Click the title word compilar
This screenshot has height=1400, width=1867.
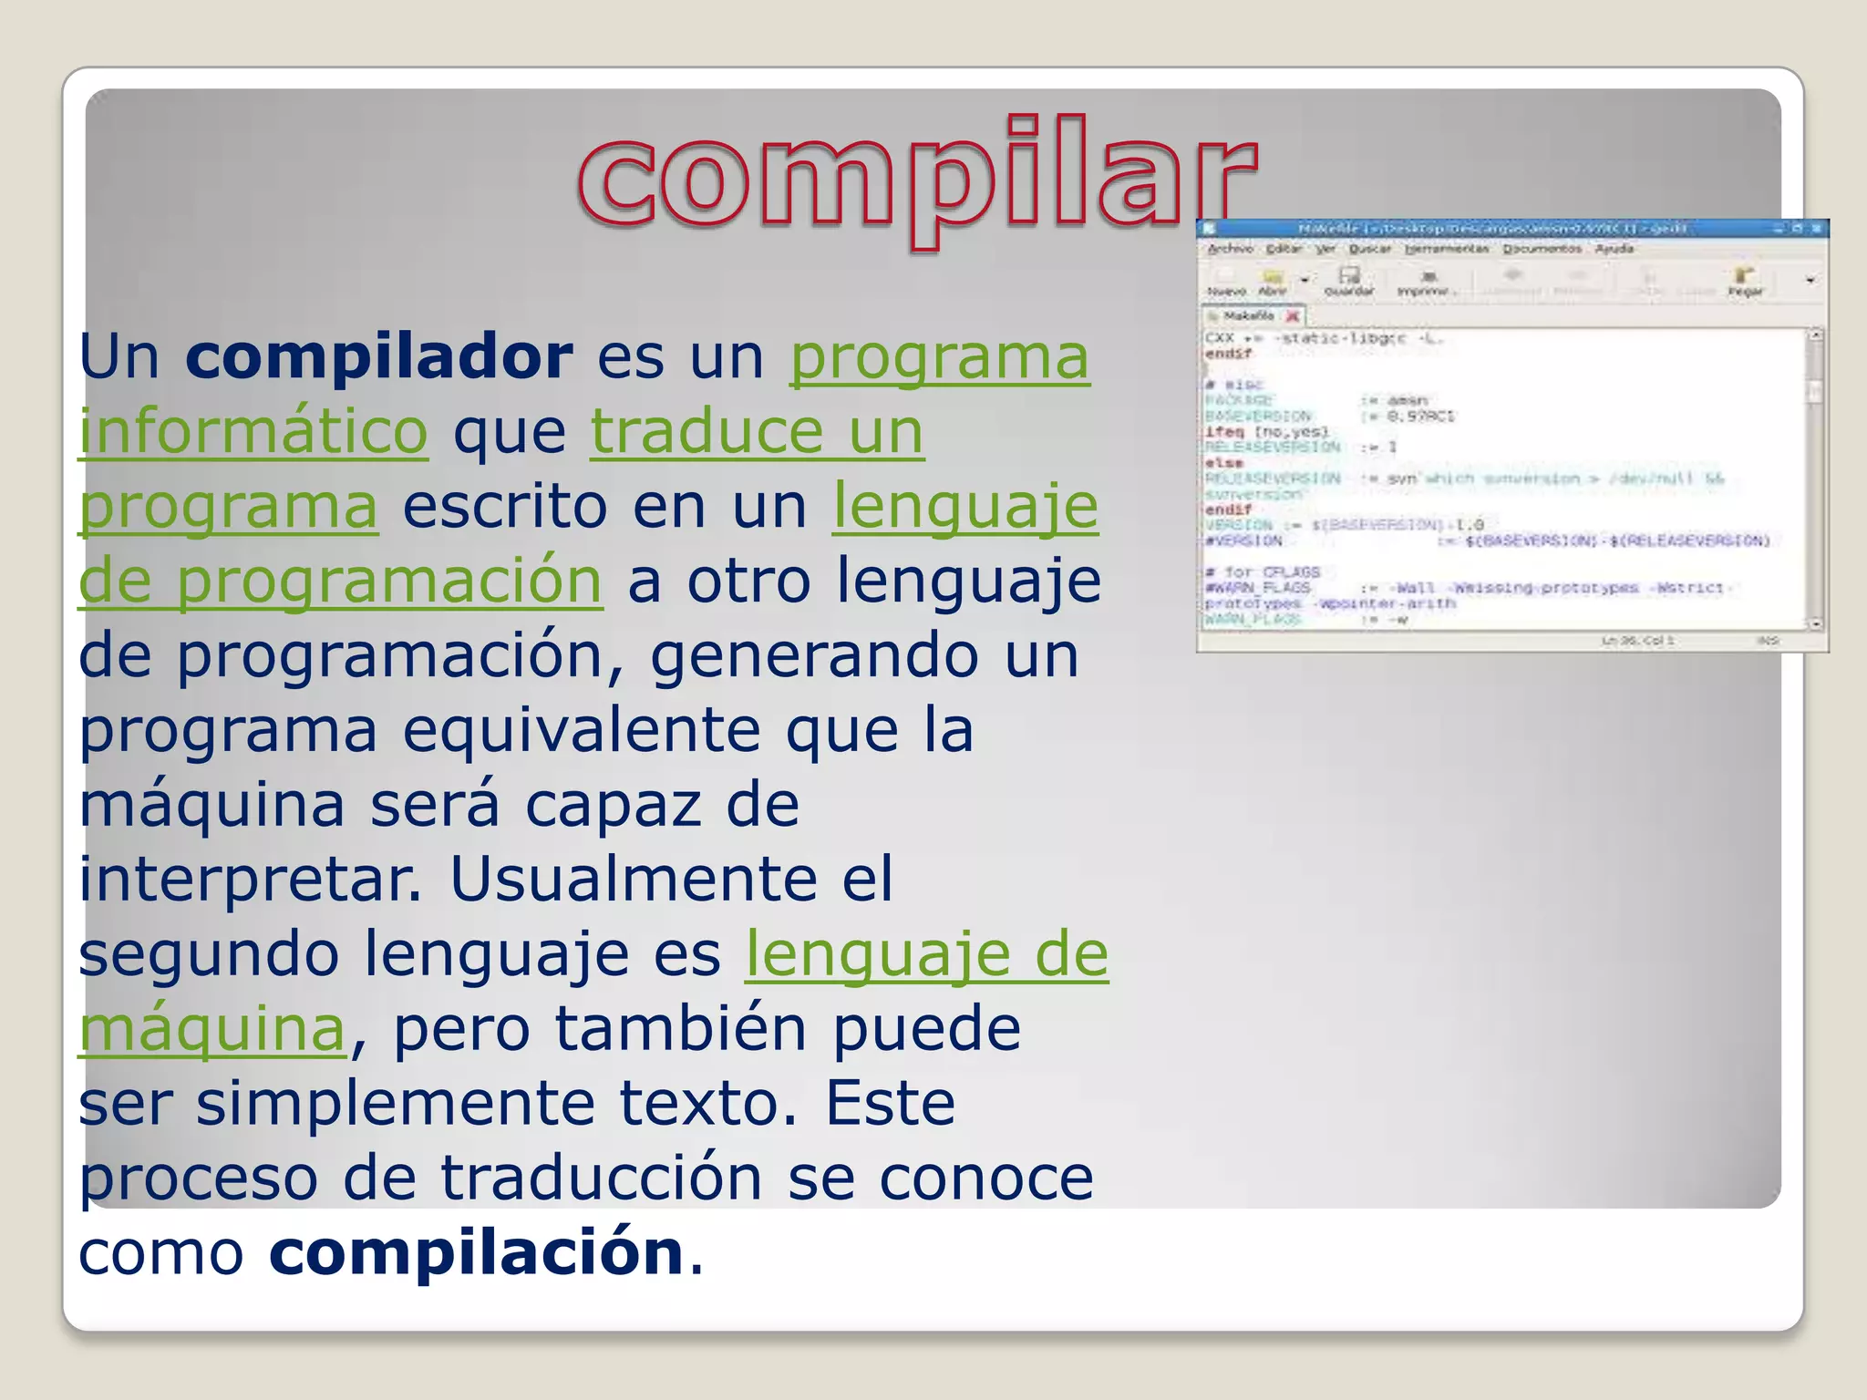(x=916, y=178)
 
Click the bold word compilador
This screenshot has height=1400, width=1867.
(x=379, y=356)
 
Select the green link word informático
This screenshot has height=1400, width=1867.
(x=253, y=431)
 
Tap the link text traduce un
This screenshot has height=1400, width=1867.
(x=757, y=431)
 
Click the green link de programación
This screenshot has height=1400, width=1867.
(x=340, y=581)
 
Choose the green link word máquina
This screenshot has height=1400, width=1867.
(x=212, y=1029)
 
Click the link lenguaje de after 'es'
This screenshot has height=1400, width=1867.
(x=926, y=954)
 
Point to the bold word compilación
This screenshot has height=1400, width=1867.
(x=477, y=1253)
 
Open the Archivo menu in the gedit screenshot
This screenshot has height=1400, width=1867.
(x=1230, y=249)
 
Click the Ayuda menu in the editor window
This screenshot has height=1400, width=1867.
(x=1614, y=249)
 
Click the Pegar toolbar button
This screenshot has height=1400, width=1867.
(x=1745, y=282)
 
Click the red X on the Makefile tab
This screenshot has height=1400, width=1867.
(x=1292, y=316)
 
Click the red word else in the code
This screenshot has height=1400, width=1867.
(x=1223, y=463)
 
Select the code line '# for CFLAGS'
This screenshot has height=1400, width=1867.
(x=1263, y=571)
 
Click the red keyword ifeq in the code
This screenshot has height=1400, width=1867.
(x=1224, y=432)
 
